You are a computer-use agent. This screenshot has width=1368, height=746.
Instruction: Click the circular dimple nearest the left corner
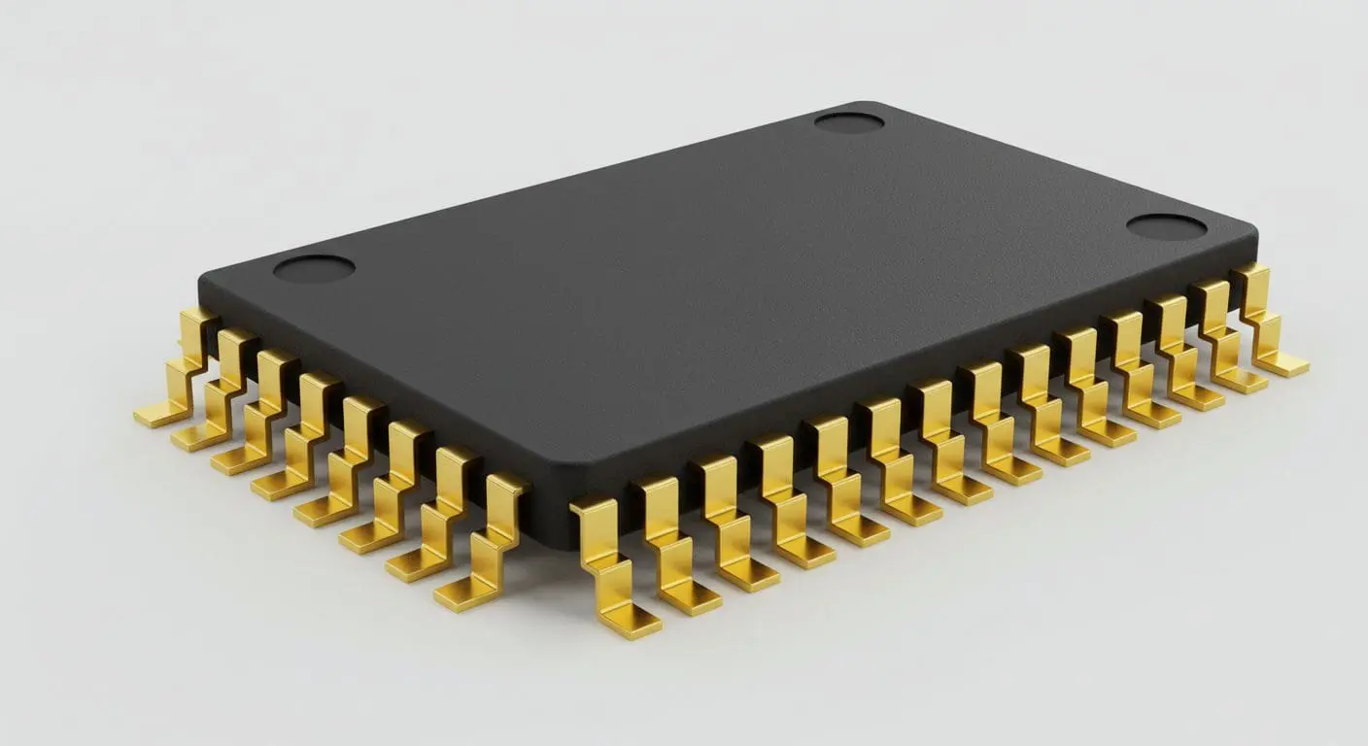[314, 268]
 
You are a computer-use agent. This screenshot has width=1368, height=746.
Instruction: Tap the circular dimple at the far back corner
[848, 122]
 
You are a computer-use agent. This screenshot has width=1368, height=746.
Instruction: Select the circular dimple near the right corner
[1166, 227]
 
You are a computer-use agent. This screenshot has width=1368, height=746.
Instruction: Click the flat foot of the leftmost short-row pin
[155, 416]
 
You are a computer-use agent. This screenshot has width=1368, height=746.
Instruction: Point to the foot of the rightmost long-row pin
[1284, 365]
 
